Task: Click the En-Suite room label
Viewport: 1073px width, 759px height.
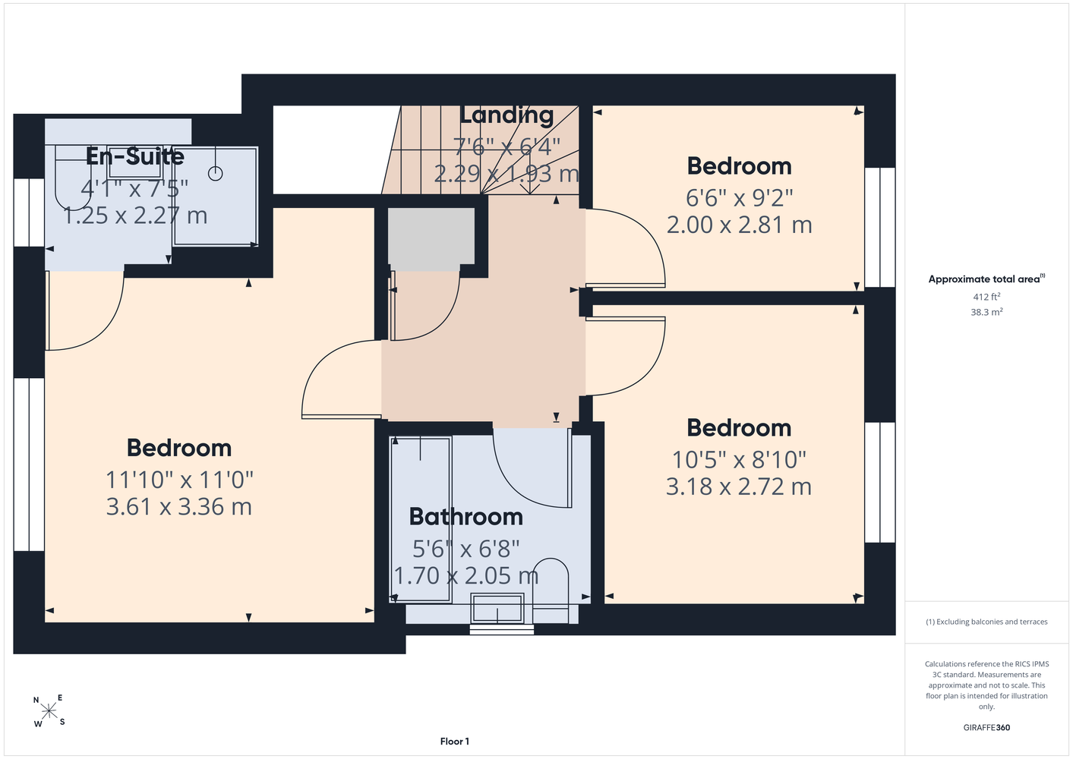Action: click(x=135, y=156)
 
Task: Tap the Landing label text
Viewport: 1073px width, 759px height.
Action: click(x=507, y=115)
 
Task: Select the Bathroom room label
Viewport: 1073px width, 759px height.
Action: click(x=466, y=517)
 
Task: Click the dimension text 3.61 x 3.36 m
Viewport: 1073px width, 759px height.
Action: click(x=179, y=507)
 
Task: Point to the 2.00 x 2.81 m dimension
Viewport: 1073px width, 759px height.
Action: click(x=739, y=225)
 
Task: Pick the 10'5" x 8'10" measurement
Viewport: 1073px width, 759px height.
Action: click(x=739, y=459)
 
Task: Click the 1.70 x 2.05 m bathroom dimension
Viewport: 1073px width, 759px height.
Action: click(x=466, y=575)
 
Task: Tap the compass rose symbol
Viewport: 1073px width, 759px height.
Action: click(x=49, y=711)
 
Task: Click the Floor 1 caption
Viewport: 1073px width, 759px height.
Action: click(x=455, y=742)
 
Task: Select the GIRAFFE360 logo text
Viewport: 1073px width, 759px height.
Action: click(x=986, y=727)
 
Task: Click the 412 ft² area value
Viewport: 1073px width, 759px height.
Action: click(x=986, y=297)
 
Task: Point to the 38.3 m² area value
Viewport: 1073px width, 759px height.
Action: click(x=986, y=312)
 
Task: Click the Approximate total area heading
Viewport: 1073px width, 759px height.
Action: click(x=986, y=279)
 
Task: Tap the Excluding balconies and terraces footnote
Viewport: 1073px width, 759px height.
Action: click(x=986, y=622)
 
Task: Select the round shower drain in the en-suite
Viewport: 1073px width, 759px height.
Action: click(x=216, y=173)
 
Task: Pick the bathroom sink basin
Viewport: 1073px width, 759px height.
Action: click(x=497, y=608)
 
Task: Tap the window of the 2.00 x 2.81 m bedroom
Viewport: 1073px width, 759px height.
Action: click(x=880, y=228)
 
